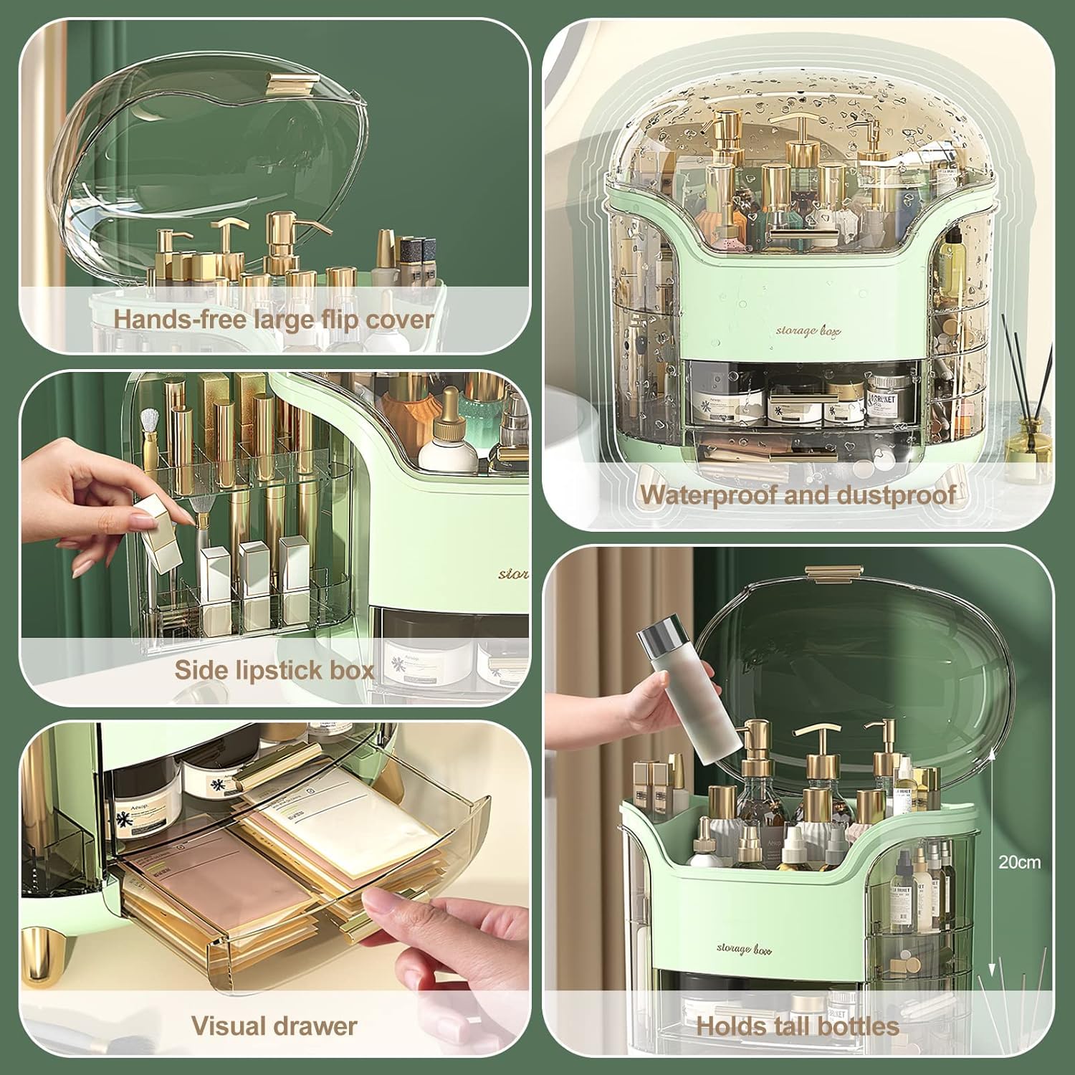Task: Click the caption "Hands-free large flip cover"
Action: tap(274, 319)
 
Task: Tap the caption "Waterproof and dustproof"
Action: tap(798, 494)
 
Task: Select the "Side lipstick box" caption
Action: tap(274, 670)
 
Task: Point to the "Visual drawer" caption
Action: tap(274, 1026)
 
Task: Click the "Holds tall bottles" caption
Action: tap(798, 1026)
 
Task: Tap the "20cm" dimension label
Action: tap(1019, 862)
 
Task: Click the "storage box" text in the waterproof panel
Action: tap(797, 330)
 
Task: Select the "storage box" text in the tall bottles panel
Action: tap(743, 949)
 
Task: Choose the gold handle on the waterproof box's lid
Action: tap(797, 234)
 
